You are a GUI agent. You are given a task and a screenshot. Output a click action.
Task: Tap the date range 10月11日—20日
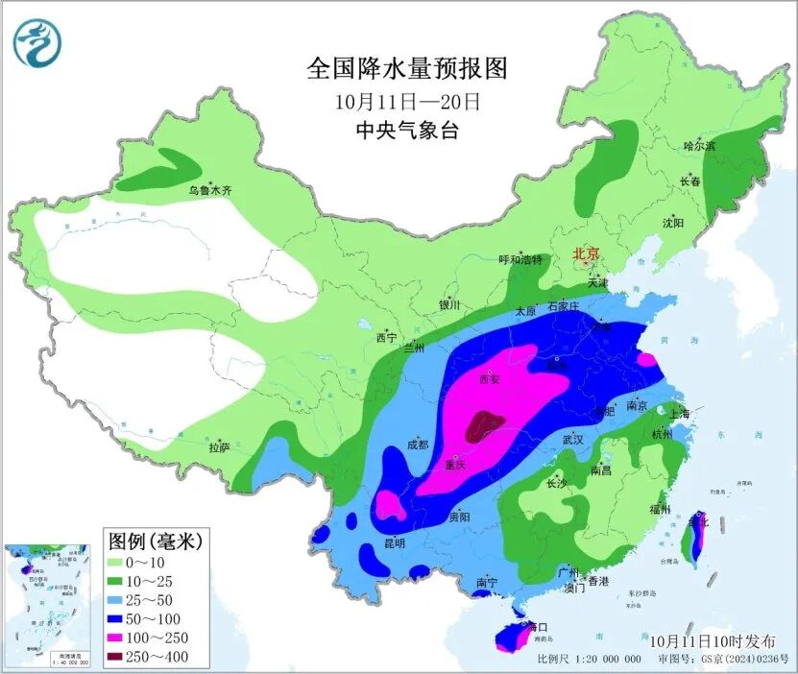[x=407, y=100]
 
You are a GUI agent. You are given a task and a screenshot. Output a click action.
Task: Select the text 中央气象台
[x=407, y=130]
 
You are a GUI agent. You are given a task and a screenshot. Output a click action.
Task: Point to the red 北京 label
[x=586, y=254]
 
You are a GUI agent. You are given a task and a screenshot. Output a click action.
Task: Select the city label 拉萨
[x=219, y=447]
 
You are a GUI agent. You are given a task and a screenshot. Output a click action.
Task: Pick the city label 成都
[x=417, y=445]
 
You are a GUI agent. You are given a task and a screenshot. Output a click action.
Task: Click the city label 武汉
[x=572, y=439]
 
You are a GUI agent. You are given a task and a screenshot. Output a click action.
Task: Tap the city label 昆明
[x=394, y=542]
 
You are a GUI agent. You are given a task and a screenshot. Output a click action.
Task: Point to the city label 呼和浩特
[x=520, y=260]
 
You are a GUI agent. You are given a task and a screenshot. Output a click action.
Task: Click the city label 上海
[x=679, y=414]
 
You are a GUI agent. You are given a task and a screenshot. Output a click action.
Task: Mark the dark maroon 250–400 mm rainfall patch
[x=484, y=425]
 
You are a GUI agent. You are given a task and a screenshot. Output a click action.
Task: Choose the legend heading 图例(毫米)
[x=154, y=541]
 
